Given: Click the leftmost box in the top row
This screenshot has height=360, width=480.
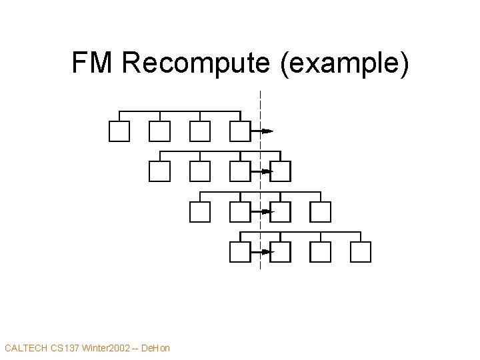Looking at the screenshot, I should coord(119,131).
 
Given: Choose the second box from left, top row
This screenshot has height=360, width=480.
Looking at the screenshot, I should coord(159,131).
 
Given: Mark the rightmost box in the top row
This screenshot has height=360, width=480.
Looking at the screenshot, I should coord(239,131).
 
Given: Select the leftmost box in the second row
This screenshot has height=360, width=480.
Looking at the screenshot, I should coord(159,171).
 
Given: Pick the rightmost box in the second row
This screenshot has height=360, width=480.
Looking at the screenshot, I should coord(281,171).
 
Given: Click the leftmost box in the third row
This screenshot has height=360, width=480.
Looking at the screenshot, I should coord(200,211).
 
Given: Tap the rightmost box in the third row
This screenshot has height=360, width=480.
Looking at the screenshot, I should coord(321,211).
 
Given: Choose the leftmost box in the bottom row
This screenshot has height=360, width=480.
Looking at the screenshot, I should coord(239,252).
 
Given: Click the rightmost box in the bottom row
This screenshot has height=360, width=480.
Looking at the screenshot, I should coord(361,252).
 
